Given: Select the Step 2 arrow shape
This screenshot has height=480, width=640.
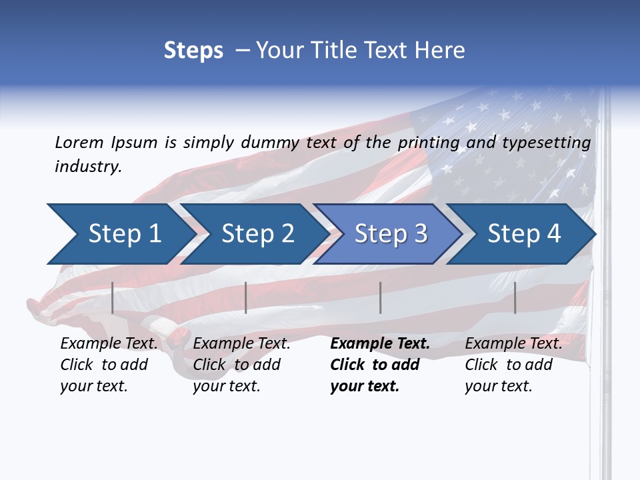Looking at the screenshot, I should click(257, 234).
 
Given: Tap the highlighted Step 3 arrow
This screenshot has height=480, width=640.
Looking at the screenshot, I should click(390, 234).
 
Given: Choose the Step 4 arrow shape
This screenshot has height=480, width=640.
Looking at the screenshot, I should click(523, 234).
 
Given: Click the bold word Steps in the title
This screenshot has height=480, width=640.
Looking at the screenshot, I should click(193, 51).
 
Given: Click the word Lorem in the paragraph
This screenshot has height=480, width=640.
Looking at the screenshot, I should click(79, 143).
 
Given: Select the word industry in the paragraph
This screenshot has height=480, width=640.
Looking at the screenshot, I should click(88, 167).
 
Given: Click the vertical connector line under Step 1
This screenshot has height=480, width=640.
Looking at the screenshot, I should click(113, 297).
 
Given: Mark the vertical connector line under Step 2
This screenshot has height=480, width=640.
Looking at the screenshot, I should click(246, 297).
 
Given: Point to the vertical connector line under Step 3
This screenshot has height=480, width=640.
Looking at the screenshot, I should click(380, 297).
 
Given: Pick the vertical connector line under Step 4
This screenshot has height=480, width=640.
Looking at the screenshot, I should click(515, 297).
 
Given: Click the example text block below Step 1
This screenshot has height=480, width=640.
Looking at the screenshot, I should click(109, 365).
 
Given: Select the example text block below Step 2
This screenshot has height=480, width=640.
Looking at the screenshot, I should click(241, 365).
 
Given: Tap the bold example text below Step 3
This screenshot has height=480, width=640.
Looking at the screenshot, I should click(379, 365).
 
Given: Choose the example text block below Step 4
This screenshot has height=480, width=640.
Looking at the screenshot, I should click(513, 365).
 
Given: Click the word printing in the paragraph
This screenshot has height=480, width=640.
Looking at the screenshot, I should click(427, 143).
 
